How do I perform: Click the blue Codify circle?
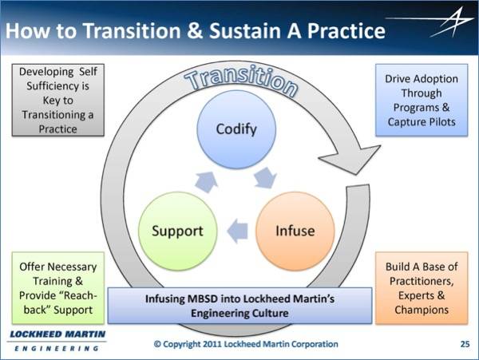coord(236,129)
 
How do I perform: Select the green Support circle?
coord(177,231)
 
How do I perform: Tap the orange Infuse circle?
coord(295,231)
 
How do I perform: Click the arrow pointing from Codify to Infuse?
coord(266,178)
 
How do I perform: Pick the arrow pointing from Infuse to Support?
coord(238,231)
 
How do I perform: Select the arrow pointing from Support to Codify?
coord(206,182)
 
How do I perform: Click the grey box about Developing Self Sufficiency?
coord(58,100)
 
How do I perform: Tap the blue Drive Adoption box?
coord(422,100)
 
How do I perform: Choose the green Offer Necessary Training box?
coord(58,288)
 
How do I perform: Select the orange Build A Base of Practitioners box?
coord(422,288)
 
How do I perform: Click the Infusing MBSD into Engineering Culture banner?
coord(239,306)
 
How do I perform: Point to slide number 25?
coord(465,344)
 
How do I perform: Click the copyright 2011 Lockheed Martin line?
coord(246,344)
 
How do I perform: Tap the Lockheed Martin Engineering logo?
coord(57,341)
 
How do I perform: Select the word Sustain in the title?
coord(245,31)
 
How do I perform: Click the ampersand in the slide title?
coord(195,31)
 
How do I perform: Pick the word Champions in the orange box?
coord(422,310)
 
